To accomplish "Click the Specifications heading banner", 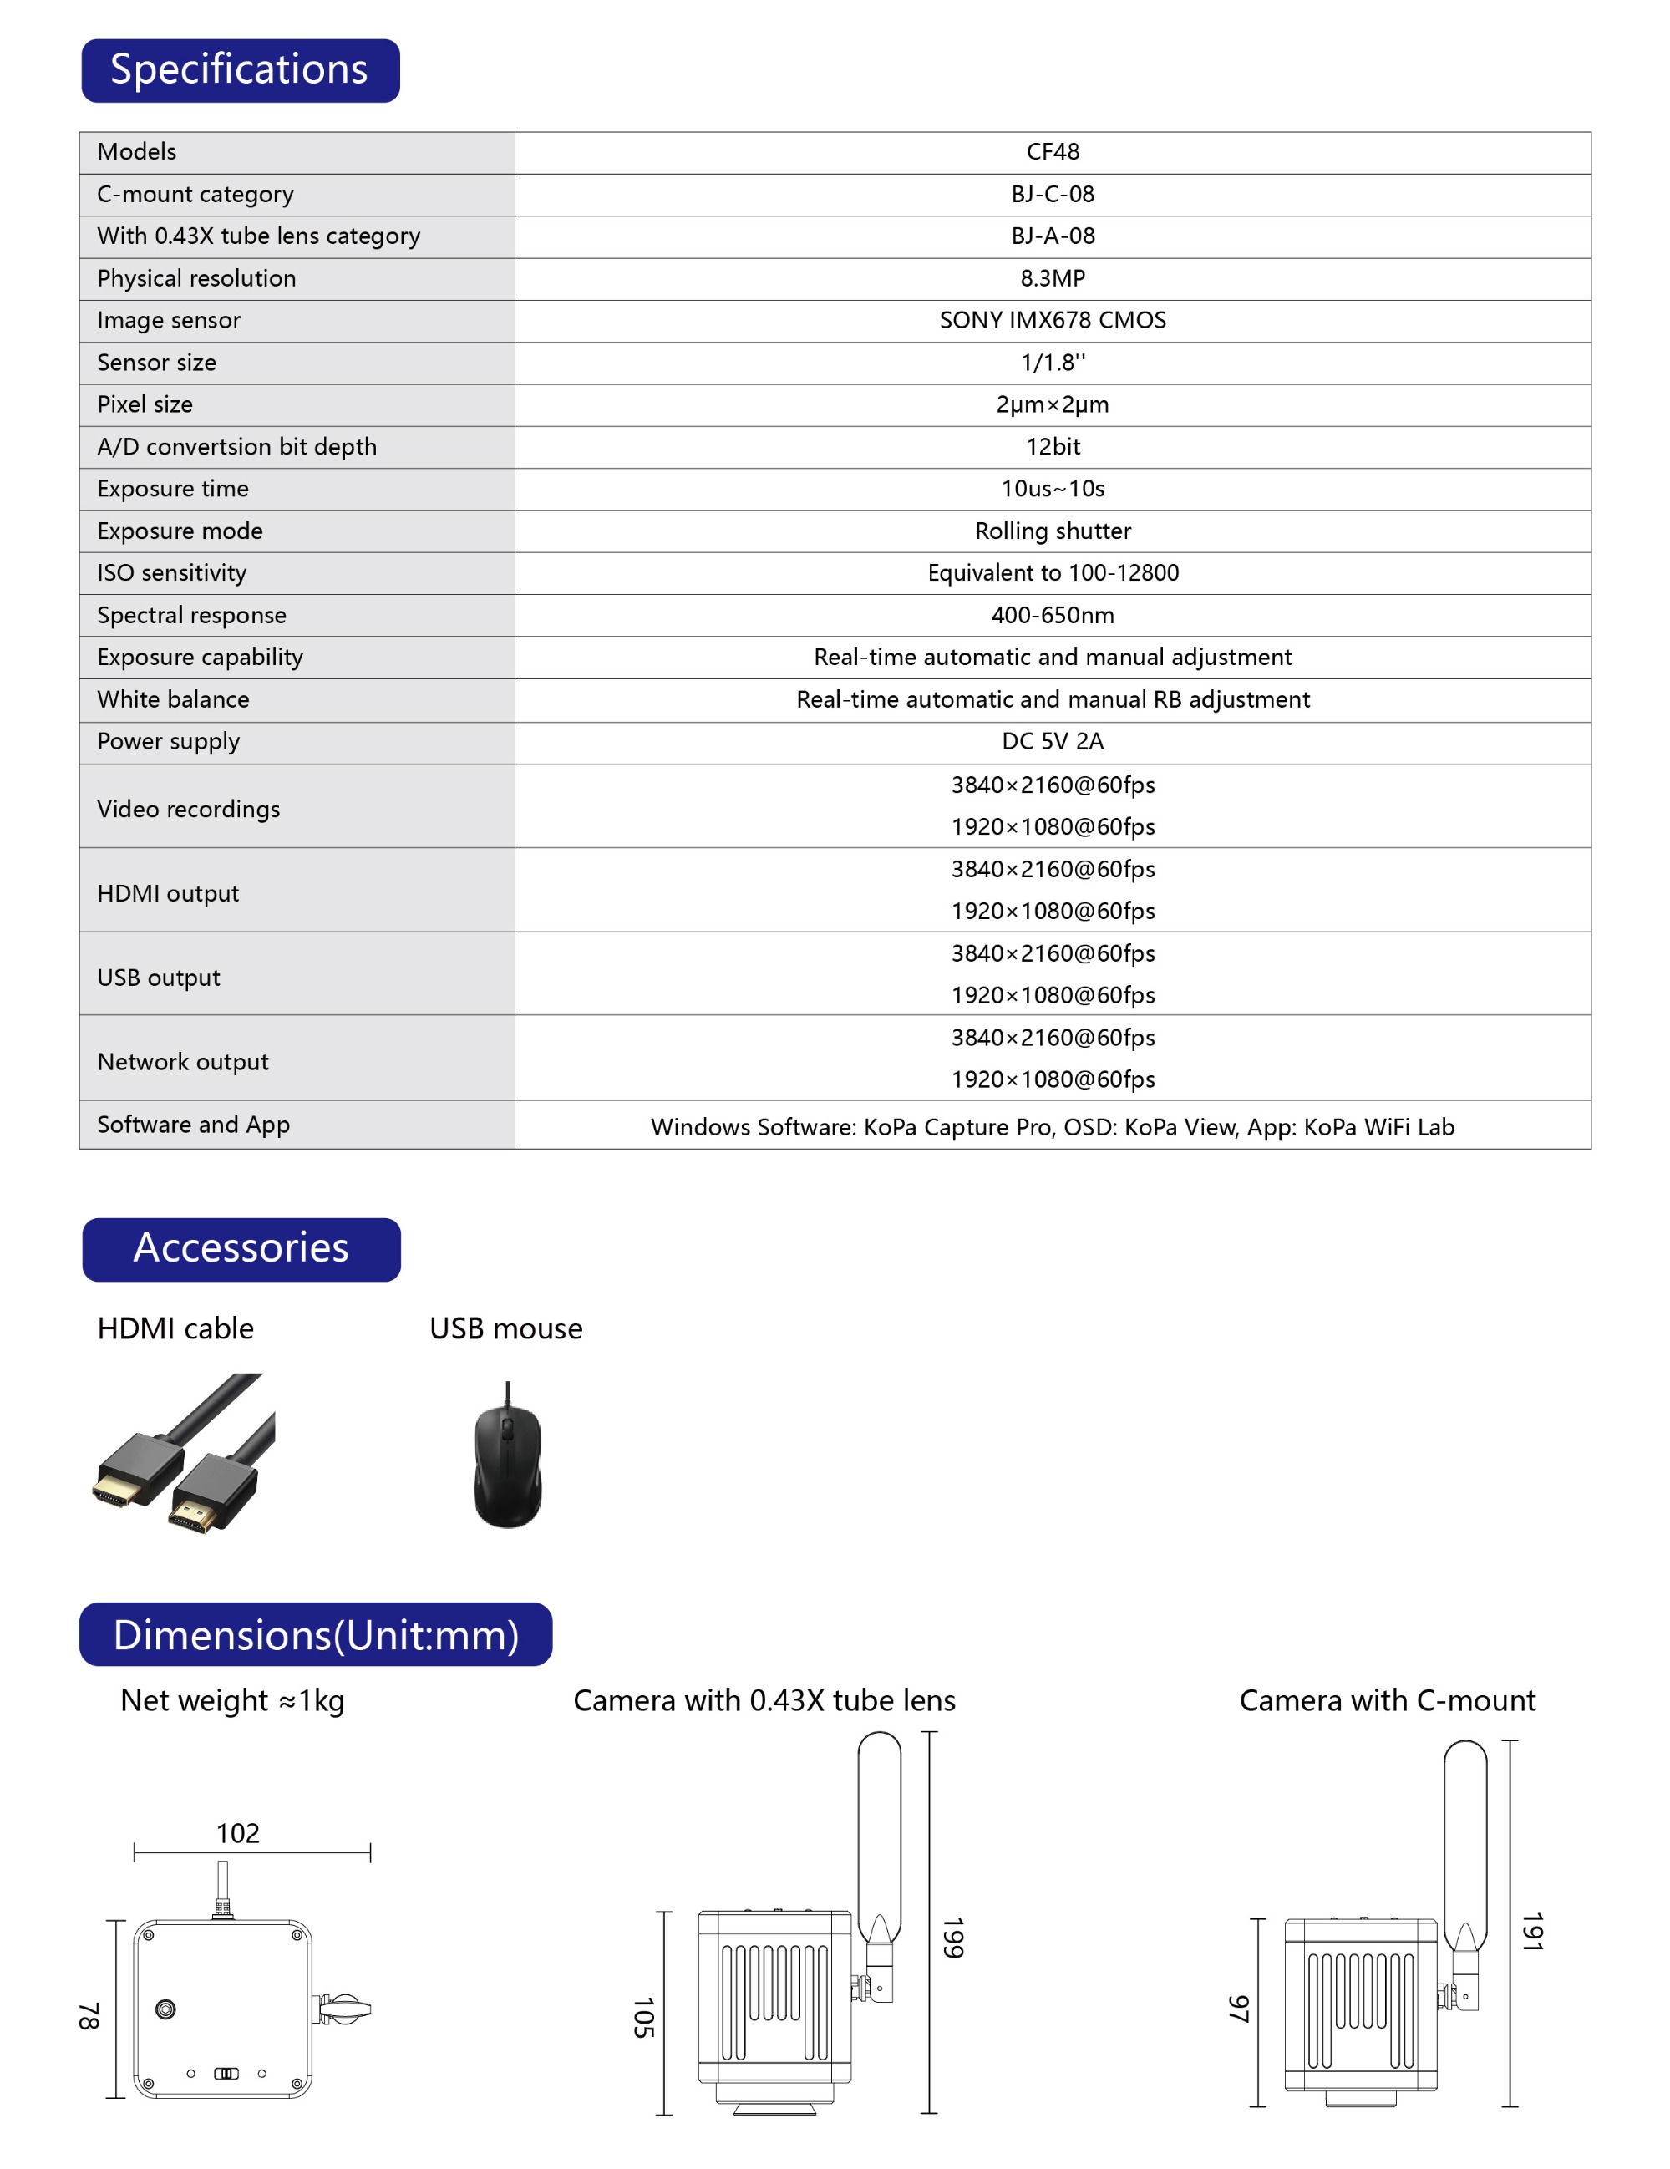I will [239, 70].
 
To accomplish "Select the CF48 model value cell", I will [1052, 152].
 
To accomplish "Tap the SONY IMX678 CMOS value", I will [1052, 320].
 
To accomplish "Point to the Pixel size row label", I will [145, 404].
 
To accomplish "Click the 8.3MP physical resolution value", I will [1052, 278].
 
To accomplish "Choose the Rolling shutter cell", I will [1052, 531].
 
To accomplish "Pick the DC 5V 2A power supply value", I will [1052, 741].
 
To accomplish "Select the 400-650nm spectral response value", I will [1052, 615].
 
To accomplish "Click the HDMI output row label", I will [168, 893].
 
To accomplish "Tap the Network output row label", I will [183, 1062].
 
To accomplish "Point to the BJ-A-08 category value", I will [1052, 236].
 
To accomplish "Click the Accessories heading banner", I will [241, 1248].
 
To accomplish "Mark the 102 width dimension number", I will [238, 1832].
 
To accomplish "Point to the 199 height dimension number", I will [953, 1937].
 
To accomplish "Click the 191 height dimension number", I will [1532, 1931].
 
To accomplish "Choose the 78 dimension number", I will [89, 2015].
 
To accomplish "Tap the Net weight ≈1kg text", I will [232, 1700].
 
